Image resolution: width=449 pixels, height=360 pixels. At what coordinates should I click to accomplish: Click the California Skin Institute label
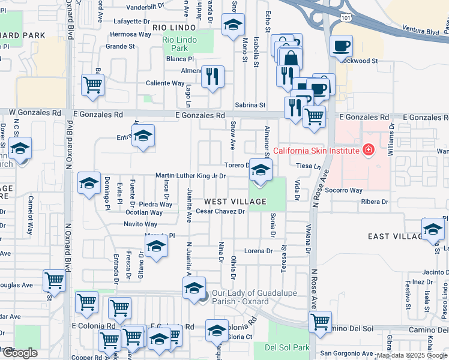316,150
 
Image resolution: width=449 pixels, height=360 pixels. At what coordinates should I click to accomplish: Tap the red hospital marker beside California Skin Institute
368,149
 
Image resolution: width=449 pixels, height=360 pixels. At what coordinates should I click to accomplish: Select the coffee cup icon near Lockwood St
341,46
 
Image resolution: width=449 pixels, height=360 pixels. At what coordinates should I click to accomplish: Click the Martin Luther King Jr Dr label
190,176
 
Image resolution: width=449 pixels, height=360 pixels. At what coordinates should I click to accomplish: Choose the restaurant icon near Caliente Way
212,77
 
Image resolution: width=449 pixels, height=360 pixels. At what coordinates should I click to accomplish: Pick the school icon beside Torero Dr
260,170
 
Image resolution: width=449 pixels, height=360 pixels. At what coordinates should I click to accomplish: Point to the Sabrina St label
250,104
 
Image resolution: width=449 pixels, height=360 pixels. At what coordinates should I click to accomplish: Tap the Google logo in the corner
20,353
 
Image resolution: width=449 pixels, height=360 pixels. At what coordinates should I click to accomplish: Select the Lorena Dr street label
259,250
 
